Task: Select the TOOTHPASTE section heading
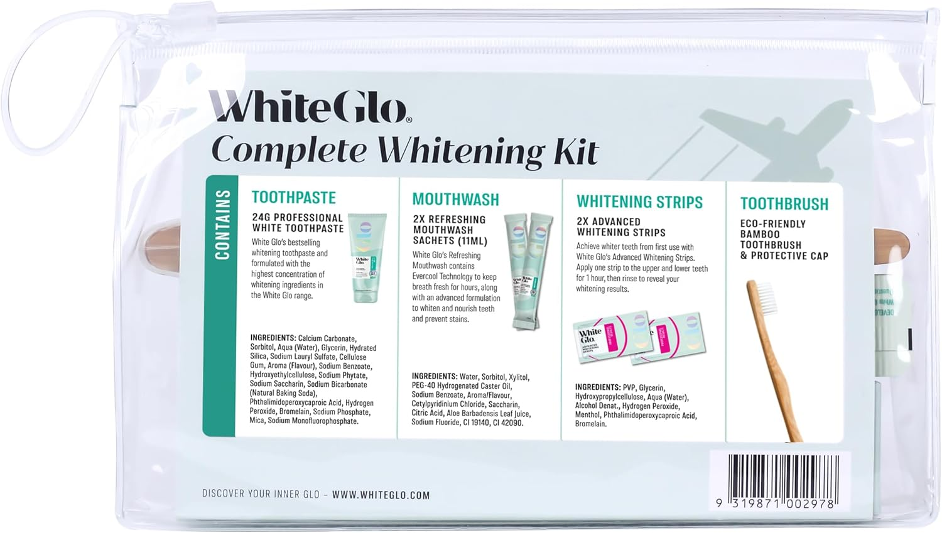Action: (x=293, y=197)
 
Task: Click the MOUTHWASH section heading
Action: (x=455, y=200)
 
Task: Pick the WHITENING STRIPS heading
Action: (x=639, y=202)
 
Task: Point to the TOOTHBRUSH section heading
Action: (x=784, y=204)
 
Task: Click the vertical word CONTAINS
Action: (x=223, y=225)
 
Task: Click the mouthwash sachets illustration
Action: (x=531, y=270)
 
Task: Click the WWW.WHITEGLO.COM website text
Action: (x=381, y=495)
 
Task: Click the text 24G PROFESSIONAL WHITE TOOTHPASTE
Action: (x=298, y=223)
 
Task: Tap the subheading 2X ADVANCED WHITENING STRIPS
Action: (x=620, y=227)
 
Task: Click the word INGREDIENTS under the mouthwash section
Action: (x=435, y=377)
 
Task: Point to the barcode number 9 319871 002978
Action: (x=775, y=503)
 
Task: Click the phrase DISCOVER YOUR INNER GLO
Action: (x=261, y=494)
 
